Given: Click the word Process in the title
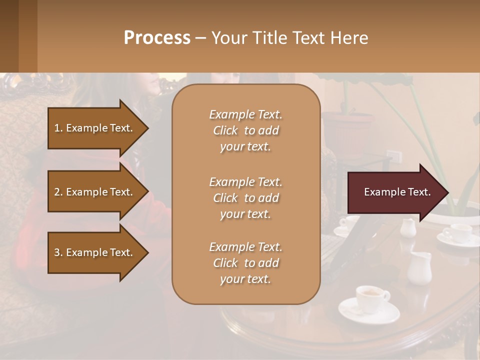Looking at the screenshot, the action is [x=157, y=38].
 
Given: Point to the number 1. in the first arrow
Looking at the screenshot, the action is [x=58, y=128].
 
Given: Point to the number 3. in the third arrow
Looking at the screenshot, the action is [x=58, y=252].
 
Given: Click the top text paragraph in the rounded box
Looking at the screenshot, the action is [x=245, y=130].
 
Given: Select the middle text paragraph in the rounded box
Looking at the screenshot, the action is [x=245, y=197].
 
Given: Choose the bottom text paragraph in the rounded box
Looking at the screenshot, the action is [x=245, y=263].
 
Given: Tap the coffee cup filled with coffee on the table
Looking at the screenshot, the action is [x=371, y=298].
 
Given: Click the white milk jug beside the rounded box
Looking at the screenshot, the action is [x=418, y=267].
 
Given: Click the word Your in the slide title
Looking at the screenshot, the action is [x=227, y=38].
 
